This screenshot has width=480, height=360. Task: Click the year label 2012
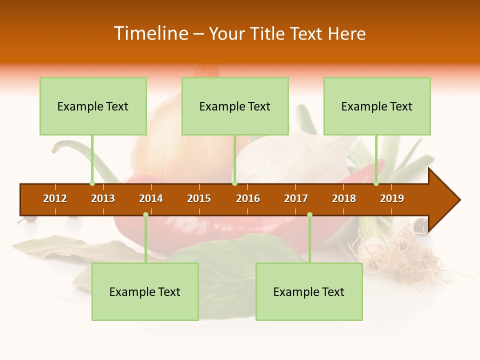tap(55, 198)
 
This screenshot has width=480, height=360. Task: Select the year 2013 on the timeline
tap(103, 198)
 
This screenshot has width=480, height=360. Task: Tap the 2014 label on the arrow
tap(151, 198)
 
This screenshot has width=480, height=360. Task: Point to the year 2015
tap(199, 198)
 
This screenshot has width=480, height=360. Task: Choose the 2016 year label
tap(248, 198)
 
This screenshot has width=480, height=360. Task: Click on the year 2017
tap(296, 198)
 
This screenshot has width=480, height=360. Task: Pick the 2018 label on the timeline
tap(344, 198)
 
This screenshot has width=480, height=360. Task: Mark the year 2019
tap(392, 198)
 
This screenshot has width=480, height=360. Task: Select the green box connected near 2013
tap(93, 106)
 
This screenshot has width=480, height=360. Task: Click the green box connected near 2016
tap(235, 106)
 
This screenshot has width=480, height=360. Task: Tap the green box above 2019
tap(377, 106)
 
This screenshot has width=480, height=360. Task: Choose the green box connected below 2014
tap(145, 291)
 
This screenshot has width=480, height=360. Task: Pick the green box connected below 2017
tap(309, 291)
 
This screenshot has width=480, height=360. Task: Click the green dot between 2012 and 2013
tap(92, 183)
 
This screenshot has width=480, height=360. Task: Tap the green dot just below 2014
tap(145, 214)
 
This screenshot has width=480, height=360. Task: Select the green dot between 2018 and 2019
tap(376, 183)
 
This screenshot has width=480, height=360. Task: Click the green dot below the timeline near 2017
tap(309, 214)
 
